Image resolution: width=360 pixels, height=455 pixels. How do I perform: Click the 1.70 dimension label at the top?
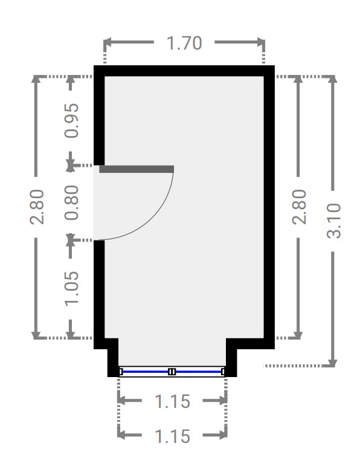(184, 43)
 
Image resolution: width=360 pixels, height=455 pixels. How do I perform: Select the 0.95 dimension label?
(71, 120)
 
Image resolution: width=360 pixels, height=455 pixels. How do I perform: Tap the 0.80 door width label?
(71, 202)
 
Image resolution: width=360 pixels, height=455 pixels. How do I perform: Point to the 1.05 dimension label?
(71, 288)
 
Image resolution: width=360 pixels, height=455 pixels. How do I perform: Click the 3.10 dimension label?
(333, 221)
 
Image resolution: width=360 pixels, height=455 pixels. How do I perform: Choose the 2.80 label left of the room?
(37, 207)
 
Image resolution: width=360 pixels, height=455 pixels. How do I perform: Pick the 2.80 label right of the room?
(300, 207)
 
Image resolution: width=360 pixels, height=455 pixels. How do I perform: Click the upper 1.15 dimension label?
(172, 402)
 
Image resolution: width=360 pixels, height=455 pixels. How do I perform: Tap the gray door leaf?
(137, 169)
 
